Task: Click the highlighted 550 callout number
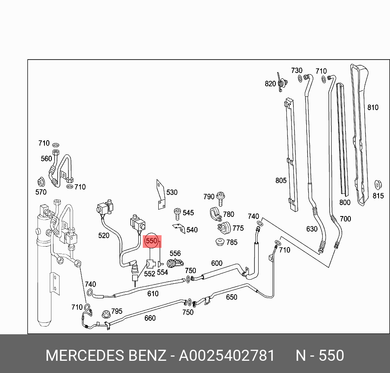pos(151,241)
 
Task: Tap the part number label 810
pos(372,108)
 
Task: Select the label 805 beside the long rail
pos(281,181)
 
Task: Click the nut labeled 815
pos(378,185)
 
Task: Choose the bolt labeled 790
pos(221,197)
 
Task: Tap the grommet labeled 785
pos(219,241)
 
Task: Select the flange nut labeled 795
pos(106,314)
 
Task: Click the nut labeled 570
pos(41,181)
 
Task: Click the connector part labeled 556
pos(175,263)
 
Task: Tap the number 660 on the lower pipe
pos(150,318)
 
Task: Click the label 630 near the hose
pos(312,229)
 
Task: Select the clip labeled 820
pos(281,83)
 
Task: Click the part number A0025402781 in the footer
pos(227,355)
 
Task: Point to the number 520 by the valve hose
pos(104,236)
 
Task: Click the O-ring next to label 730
pos(300,78)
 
